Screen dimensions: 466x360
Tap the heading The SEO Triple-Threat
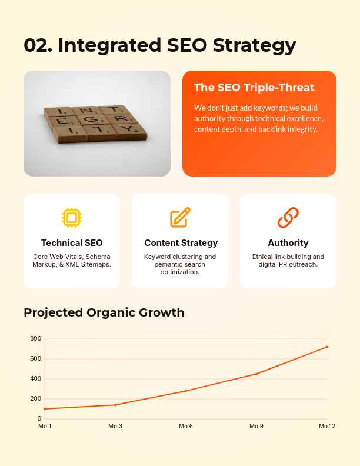[x=254, y=88]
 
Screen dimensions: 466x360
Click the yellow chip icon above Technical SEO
[x=72, y=218]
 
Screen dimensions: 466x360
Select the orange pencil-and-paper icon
[x=180, y=218]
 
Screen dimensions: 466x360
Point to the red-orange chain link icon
[x=288, y=218]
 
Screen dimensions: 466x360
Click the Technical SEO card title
[x=72, y=243]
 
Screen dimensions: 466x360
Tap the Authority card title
[x=288, y=243]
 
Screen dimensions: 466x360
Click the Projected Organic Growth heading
[x=104, y=312]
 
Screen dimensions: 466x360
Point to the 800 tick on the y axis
[x=36, y=339]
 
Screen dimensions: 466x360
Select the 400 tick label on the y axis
[x=36, y=379]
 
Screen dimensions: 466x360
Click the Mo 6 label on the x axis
[x=186, y=426]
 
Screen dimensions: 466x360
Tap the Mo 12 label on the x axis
[x=327, y=426]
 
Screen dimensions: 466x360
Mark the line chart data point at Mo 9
[x=256, y=374]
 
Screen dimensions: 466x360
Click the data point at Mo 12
[x=327, y=347]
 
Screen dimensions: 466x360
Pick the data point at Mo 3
[x=115, y=405]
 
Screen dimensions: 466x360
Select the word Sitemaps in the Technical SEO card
[x=96, y=265]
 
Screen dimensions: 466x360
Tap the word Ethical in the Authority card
[x=263, y=257]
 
